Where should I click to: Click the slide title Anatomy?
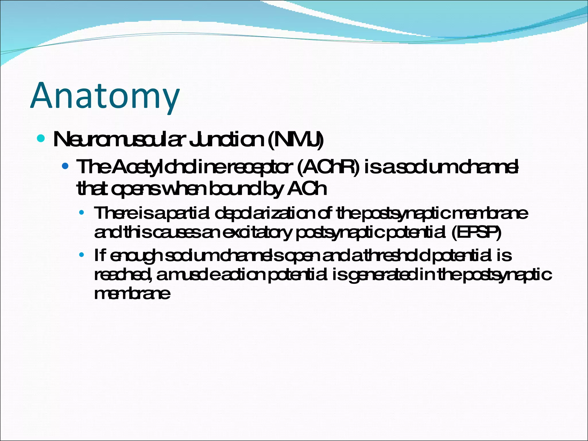click(105, 96)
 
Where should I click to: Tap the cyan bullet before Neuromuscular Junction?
click(41, 139)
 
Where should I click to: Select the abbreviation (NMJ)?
click(295, 140)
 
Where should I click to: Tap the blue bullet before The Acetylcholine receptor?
click(65, 166)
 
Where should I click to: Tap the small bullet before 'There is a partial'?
click(82, 213)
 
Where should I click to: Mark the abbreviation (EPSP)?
click(476, 232)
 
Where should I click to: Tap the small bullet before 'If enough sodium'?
click(82, 255)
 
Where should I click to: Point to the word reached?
click(123, 275)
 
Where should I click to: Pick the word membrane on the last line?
click(132, 294)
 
